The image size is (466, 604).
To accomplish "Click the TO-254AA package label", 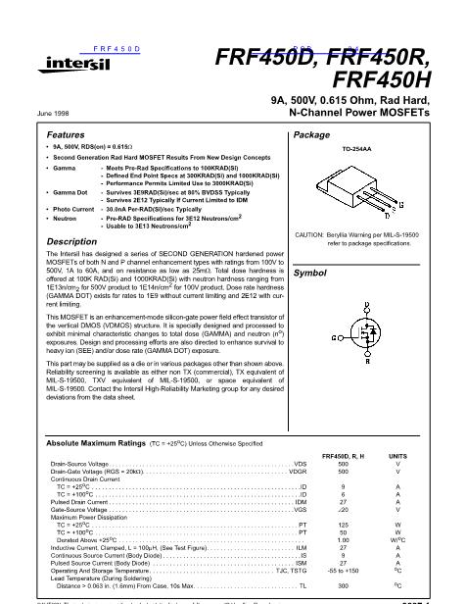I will (x=359, y=150).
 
